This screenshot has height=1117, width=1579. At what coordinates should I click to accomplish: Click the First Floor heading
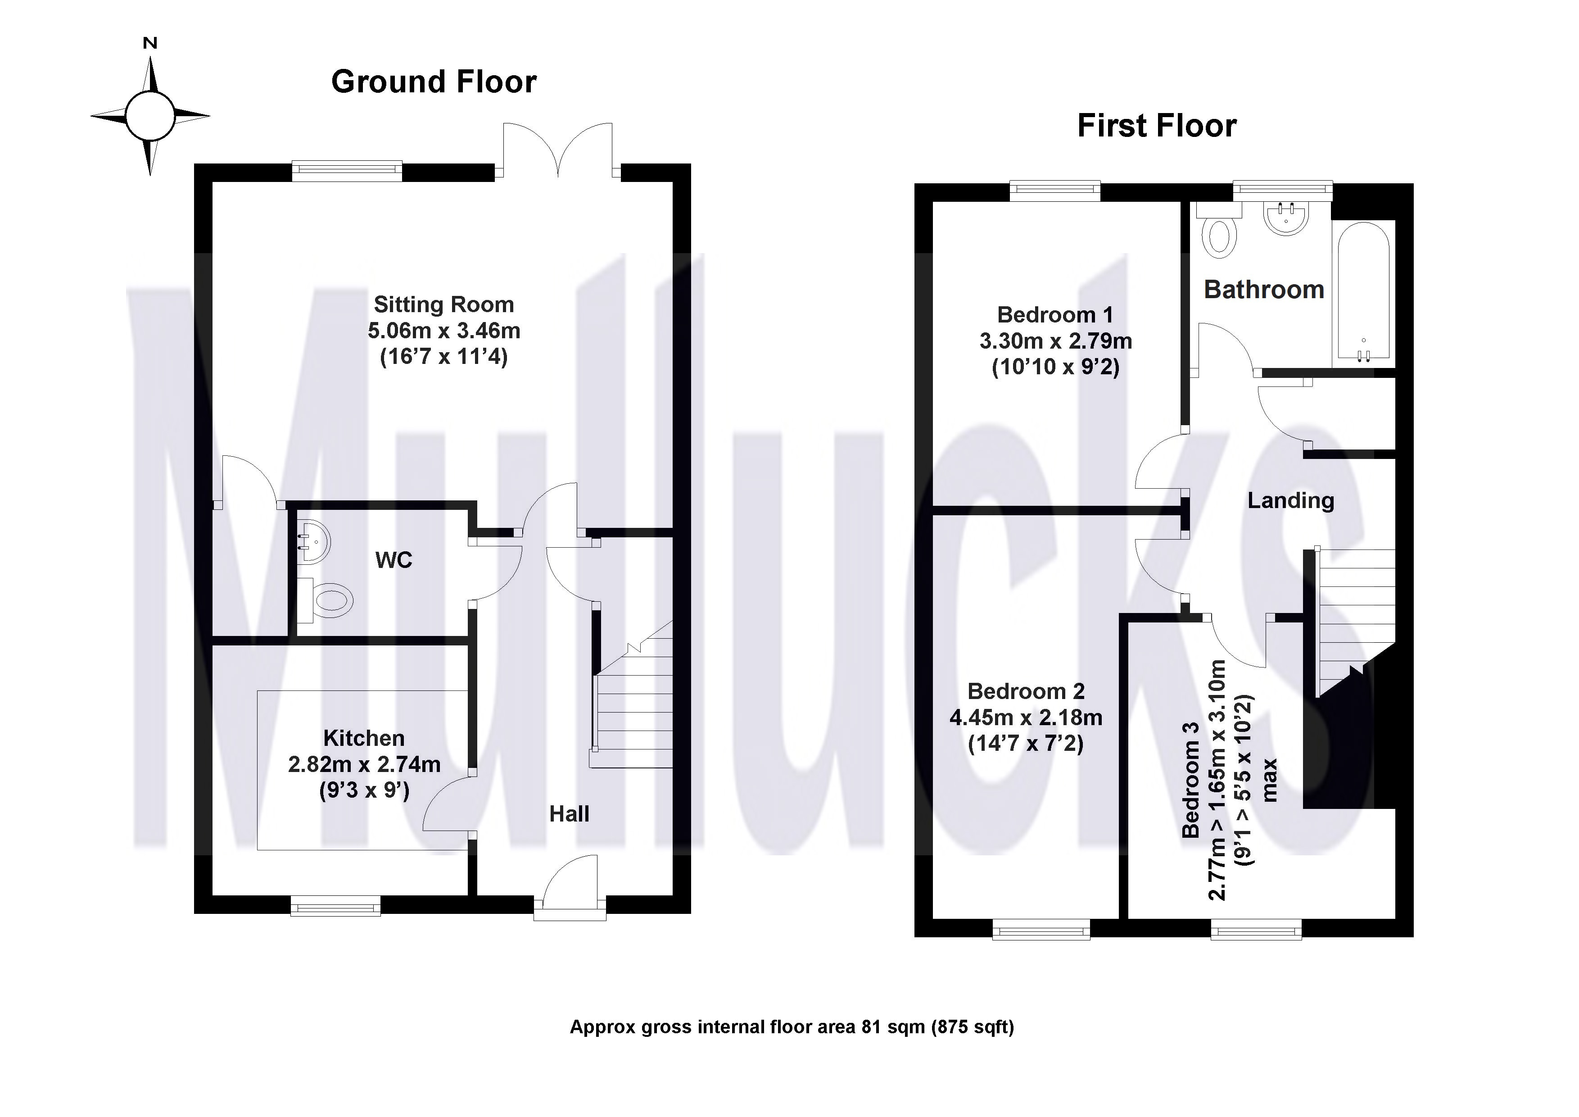(1157, 126)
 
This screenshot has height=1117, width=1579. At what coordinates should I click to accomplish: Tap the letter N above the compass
(150, 43)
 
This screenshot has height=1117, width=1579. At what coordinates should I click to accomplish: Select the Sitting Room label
(443, 304)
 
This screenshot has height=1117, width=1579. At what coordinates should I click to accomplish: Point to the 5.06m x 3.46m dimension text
(443, 331)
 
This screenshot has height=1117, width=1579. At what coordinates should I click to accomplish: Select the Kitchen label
(364, 738)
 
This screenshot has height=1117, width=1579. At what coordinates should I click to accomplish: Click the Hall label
(569, 814)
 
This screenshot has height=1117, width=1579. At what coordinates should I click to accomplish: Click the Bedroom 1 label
(1055, 314)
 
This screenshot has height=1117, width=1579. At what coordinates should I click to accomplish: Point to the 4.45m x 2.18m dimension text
(1025, 717)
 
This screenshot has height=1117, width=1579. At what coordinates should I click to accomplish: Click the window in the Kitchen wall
(335, 906)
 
